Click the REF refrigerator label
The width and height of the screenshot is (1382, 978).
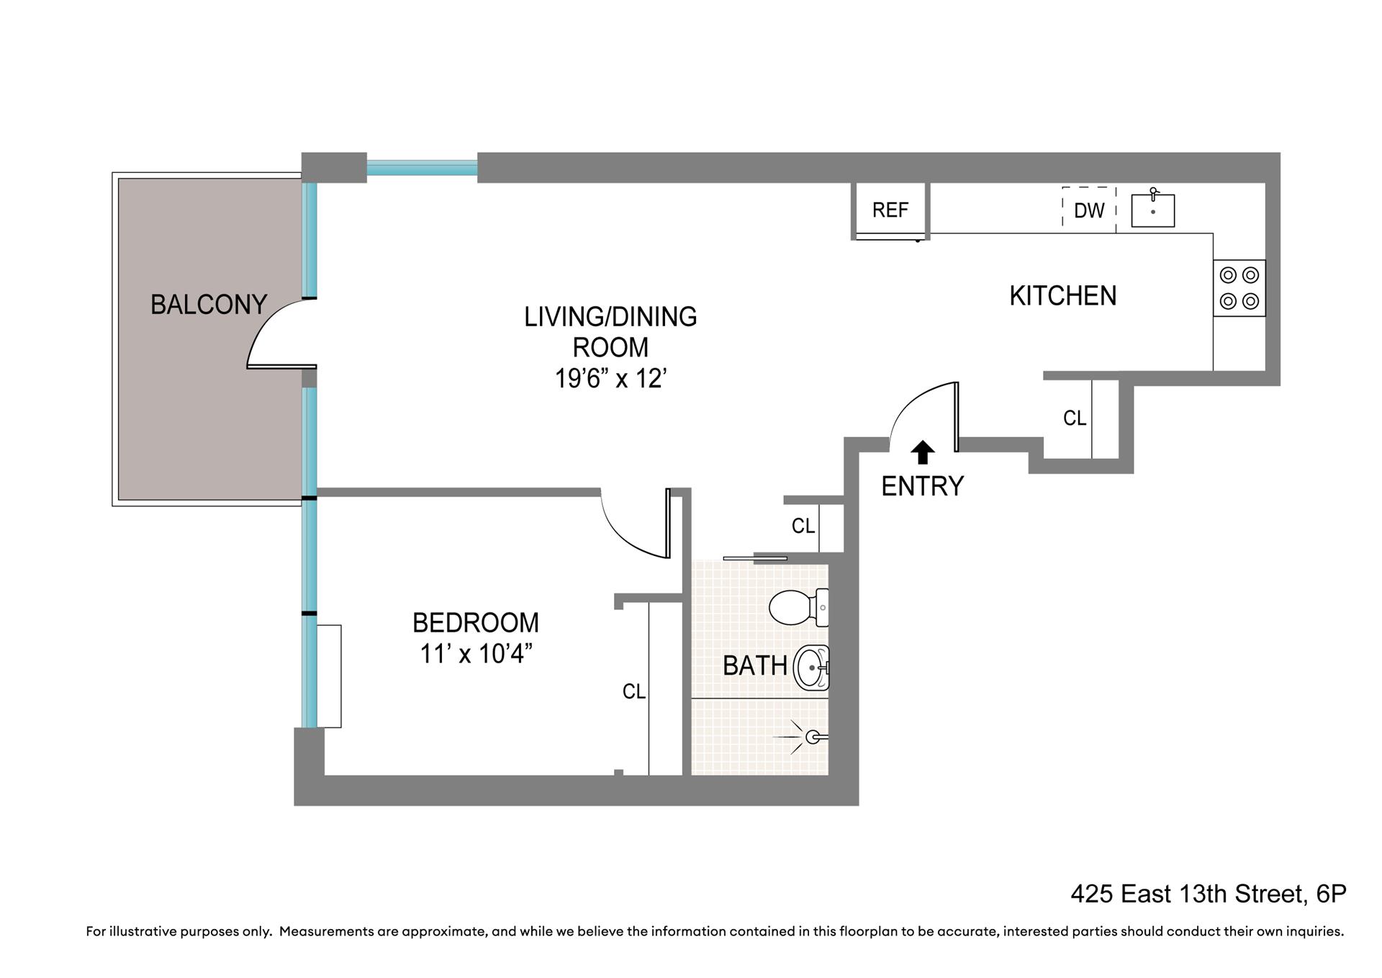pos(890,210)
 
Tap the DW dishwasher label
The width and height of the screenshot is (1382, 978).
pos(1089,210)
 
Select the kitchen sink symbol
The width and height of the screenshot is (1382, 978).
pos(1152,209)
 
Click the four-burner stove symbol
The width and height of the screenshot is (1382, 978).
pos(1239,288)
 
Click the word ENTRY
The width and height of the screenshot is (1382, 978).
pos(922,486)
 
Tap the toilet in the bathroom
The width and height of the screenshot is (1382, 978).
pos(799,608)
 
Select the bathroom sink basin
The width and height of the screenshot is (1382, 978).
pos(811,668)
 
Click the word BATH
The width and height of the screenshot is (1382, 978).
pos(754,665)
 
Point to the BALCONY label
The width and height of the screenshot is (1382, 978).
pos(209,305)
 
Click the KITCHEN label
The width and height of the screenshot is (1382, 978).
pos(1062,296)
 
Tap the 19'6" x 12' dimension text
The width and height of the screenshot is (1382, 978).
pos(610,378)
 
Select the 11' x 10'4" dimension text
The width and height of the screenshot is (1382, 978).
pos(476,654)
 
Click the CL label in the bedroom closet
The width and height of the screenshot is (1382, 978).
pos(634,692)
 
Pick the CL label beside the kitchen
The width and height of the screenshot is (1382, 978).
pos(1075,418)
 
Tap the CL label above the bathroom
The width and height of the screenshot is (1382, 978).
pos(803,526)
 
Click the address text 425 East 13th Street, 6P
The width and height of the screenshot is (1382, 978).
pos(1209,894)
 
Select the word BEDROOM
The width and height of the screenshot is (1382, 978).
pos(476,622)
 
